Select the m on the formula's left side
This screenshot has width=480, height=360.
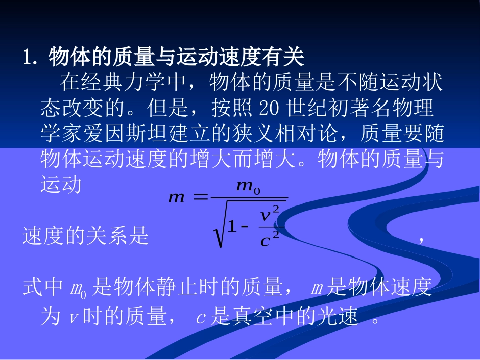point(177,198)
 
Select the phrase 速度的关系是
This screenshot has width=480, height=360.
point(86,236)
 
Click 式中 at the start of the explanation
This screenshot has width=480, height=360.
point(43,288)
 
